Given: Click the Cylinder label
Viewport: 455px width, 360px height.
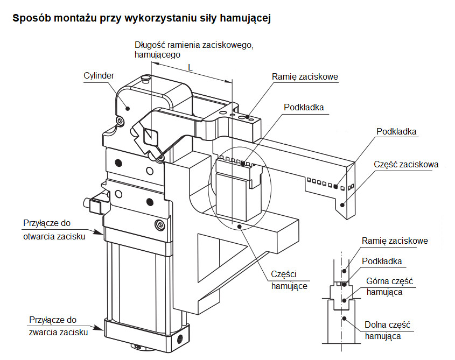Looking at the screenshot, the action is pyautogui.click(x=99, y=76).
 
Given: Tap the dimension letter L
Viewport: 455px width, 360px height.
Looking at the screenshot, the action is pyautogui.click(x=191, y=68).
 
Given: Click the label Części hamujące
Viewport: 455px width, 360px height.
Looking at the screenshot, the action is pyautogui.click(x=289, y=280).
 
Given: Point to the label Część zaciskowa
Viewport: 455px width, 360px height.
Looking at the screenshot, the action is pyautogui.click(x=406, y=165).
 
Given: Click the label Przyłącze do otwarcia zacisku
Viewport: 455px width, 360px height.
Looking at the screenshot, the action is pyautogui.click(x=54, y=230).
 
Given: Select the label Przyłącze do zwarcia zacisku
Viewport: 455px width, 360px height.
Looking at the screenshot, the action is pyautogui.click(x=58, y=326).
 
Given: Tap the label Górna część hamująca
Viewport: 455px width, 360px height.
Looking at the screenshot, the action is pyautogui.click(x=389, y=287).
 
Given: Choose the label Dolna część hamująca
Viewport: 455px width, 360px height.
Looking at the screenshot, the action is pyautogui.click(x=387, y=330).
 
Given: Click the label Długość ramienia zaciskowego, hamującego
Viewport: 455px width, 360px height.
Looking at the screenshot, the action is pyautogui.click(x=194, y=50).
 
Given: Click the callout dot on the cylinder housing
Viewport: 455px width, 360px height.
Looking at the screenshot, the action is pyautogui.click(x=128, y=109).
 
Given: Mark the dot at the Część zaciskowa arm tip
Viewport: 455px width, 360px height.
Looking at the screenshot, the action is pyautogui.click(x=342, y=205).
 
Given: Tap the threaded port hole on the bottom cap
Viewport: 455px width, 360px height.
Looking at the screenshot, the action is pyautogui.click(x=180, y=338).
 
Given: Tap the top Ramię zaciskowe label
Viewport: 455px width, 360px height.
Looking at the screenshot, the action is pyautogui.click(x=305, y=77).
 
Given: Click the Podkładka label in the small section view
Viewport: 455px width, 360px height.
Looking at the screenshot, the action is pyautogui.click(x=382, y=262).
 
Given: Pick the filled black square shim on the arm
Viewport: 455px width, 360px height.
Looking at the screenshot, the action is pyautogui.click(x=336, y=186).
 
